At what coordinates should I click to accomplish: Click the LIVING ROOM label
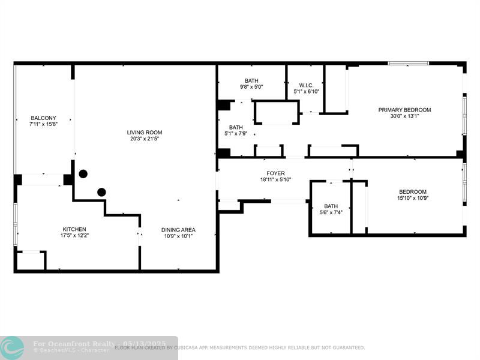tap(145, 133)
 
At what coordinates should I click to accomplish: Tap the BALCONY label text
tap(43, 118)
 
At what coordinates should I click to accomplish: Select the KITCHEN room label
tap(74, 229)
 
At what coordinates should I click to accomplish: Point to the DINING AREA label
tap(178, 230)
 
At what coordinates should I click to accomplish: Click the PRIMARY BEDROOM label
tap(404, 110)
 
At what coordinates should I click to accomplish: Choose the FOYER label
tap(275, 173)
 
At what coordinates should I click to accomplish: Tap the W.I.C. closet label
tap(306, 85)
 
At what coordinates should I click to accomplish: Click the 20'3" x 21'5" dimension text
tap(145, 139)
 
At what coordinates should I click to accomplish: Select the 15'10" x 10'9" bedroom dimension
tap(413, 198)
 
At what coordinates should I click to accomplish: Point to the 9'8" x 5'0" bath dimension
tap(251, 87)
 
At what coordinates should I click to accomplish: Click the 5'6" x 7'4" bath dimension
tap(331, 212)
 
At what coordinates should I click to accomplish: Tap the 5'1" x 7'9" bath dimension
tap(236, 133)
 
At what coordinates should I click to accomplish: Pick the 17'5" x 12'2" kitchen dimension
tap(74, 235)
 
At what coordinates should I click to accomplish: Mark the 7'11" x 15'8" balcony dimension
tap(43, 124)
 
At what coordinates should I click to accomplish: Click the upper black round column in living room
tap(83, 174)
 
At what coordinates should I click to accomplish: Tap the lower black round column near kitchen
tap(101, 192)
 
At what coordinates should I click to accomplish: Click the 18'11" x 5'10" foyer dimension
tap(275, 179)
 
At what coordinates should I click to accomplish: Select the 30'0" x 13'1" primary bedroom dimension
tap(404, 116)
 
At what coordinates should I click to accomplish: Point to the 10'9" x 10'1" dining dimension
tap(178, 236)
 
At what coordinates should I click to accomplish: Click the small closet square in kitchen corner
tap(31, 260)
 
